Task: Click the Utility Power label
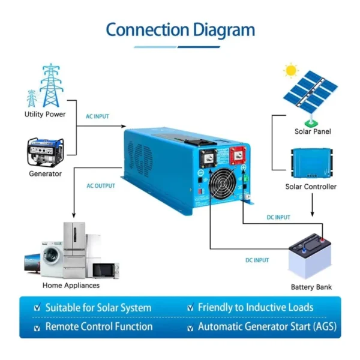[45, 114]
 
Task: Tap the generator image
[45, 152]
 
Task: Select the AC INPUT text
[97, 116]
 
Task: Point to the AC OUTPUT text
[101, 186]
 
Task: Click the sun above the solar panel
[291, 70]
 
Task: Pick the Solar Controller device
[312, 163]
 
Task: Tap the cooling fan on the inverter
[223, 184]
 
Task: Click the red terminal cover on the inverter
[238, 155]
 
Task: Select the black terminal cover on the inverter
[208, 158]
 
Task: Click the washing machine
[52, 259]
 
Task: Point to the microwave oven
[106, 271]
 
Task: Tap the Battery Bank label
[311, 287]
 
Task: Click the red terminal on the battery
[322, 240]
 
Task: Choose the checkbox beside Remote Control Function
[37, 328]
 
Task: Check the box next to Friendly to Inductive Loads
[190, 307]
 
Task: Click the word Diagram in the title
[224, 31]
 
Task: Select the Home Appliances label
[71, 286]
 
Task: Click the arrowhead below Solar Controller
[312, 214]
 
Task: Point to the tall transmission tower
[51, 85]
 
